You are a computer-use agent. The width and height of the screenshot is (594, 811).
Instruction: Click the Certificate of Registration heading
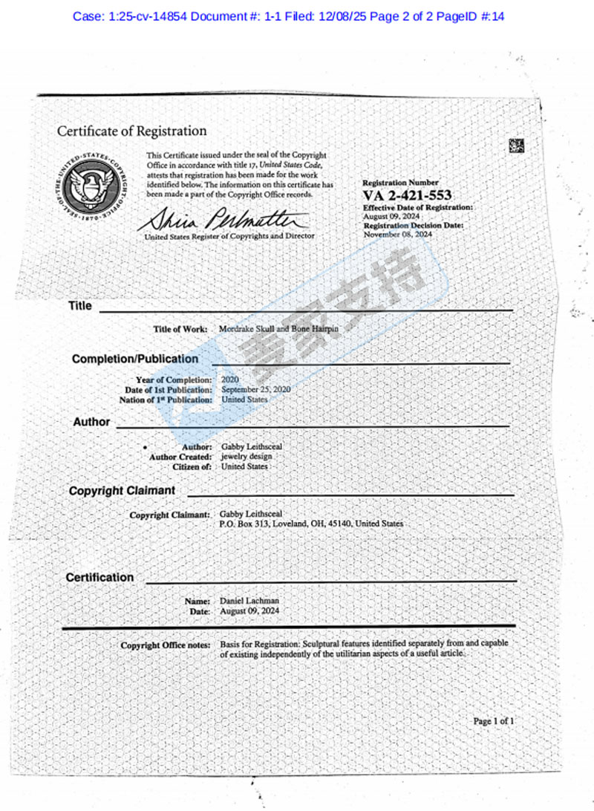pyautogui.click(x=132, y=131)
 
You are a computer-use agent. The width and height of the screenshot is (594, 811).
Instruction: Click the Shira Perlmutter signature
pyautogui.click(x=223, y=220)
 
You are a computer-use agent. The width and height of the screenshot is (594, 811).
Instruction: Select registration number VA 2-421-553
pyautogui.click(x=408, y=195)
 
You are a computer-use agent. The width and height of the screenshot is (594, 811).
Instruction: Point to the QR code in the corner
pyautogui.click(x=517, y=146)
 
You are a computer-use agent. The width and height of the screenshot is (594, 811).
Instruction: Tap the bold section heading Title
pyautogui.click(x=80, y=306)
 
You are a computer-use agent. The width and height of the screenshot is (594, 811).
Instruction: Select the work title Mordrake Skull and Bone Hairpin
pyautogui.click(x=279, y=328)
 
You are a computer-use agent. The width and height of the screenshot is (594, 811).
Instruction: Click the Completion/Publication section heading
pyautogui.click(x=135, y=359)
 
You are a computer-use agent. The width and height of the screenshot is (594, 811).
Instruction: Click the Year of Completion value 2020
pyautogui.click(x=231, y=380)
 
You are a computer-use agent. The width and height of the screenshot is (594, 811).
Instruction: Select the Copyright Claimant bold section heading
pyautogui.click(x=122, y=491)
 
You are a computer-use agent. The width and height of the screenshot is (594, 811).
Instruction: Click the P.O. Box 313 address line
pyautogui.click(x=312, y=524)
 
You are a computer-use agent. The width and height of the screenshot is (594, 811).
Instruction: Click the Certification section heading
pyautogui.click(x=100, y=577)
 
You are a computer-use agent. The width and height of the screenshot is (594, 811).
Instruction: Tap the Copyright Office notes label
pyautogui.click(x=166, y=645)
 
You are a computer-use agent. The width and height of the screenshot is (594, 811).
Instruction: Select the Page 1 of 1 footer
pyautogui.click(x=493, y=720)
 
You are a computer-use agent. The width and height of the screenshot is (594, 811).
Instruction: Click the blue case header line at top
pyautogui.click(x=288, y=16)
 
